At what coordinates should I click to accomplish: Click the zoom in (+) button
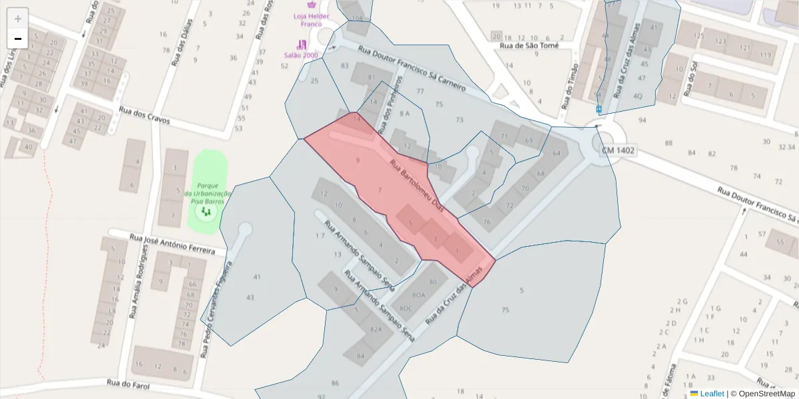[x=18, y=18]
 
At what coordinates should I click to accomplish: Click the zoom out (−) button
[x=18, y=39]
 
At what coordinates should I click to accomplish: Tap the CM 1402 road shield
[x=618, y=151]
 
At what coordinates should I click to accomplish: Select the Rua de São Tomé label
[x=529, y=46]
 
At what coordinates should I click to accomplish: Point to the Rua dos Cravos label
[x=144, y=116]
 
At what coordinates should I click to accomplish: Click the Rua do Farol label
[x=128, y=384]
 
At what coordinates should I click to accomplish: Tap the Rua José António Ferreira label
[x=172, y=244]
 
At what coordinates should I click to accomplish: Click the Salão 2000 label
[x=301, y=55]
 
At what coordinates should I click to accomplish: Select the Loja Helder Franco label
[x=307, y=19]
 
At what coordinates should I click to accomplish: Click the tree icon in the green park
[x=206, y=211]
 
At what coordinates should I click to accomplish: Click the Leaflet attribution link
[x=712, y=394]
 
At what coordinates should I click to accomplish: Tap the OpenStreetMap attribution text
[x=766, y=394]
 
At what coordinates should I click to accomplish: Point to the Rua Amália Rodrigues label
[x=138, y=281]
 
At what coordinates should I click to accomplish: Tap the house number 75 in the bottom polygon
[x=505, y=310]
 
